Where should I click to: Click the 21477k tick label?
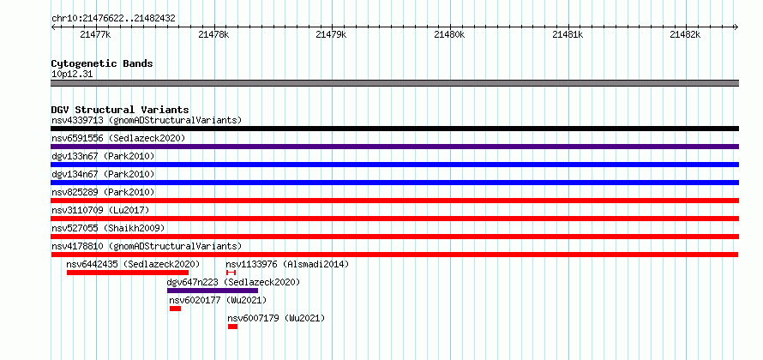tap(95, 34)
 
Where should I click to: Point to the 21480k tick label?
tap(449, 34)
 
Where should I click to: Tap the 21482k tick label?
tap(685, 34)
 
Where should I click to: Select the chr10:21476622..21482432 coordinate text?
tap(113, 19)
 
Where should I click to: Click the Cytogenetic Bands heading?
tap(102, 63)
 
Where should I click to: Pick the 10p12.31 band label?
tap(72, 75)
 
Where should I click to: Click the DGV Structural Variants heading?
tap(120, 110)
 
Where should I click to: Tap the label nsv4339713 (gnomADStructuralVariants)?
tap(147, 120)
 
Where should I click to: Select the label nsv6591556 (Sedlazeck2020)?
tap(118, 138)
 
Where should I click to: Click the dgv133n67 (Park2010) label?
tap(103, 156)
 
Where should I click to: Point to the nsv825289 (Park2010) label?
tap(103, 192)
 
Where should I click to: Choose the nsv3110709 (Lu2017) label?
tap(100, 210)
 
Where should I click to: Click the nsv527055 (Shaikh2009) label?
tap(108, 228)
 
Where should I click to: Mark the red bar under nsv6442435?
tap(128, 273)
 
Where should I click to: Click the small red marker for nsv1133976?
tap(231, 273)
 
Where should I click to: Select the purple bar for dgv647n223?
tap(213, 291)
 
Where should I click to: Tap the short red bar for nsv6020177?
tap(175, 309)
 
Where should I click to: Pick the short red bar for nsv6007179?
tap(232, 327)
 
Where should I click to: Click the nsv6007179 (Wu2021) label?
tap(276, 319)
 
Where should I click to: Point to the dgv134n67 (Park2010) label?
tap(103, 174)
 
